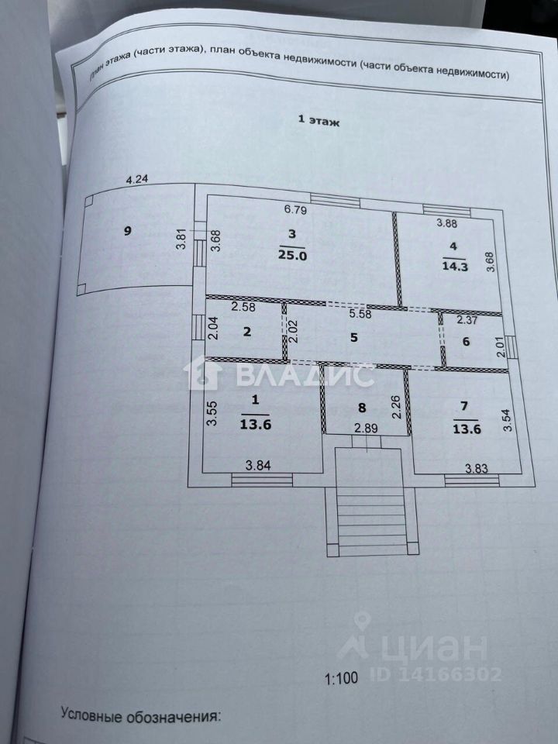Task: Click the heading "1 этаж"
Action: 319,121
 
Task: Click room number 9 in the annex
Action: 129,230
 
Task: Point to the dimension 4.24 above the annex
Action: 137,180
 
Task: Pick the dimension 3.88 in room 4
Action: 448,224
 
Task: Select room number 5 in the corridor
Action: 354,337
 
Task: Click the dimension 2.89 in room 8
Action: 364,428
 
